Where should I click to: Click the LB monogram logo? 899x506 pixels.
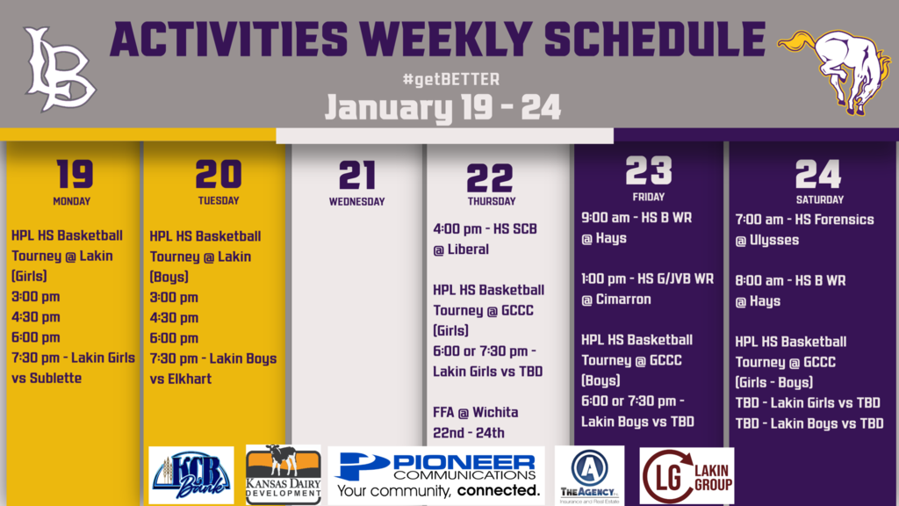click(60, 69)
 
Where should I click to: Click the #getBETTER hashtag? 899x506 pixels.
click(450, 79)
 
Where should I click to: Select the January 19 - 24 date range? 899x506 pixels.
click(442, 107)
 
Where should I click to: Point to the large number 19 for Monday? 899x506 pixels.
click(75, 174)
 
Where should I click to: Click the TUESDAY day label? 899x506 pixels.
click(219, 201)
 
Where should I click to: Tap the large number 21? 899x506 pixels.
click(356, 176)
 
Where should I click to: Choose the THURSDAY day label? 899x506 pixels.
click(492, 201)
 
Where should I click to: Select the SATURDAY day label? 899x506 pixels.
click(820, 199)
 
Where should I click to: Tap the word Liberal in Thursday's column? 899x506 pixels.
click(469, 249)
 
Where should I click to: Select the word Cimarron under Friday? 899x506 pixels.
click(623, 300)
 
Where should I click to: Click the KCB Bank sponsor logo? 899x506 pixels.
click(191, 475)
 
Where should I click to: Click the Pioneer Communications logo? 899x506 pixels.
click(436, 475)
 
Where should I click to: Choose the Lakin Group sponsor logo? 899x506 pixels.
click(687, 475)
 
